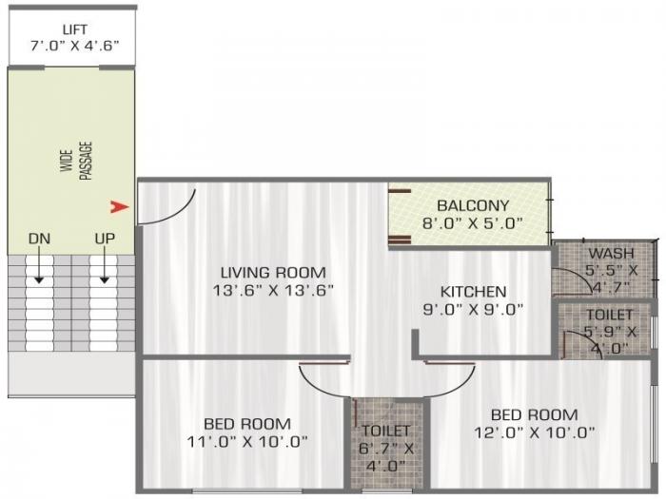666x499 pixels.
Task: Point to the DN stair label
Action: pos(39,238)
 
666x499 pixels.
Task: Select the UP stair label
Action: pos(105,238)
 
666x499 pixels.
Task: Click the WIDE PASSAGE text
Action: pos(77,159)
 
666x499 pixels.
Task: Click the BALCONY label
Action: pos(473,205)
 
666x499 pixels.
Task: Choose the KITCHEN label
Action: pos(473,291)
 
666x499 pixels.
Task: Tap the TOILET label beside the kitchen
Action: pos(609,315)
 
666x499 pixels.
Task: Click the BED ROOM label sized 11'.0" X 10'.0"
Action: pos(246,423)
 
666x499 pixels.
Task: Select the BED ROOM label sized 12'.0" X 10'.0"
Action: pos(534,414)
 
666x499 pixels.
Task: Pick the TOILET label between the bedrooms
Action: pos(384,431)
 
